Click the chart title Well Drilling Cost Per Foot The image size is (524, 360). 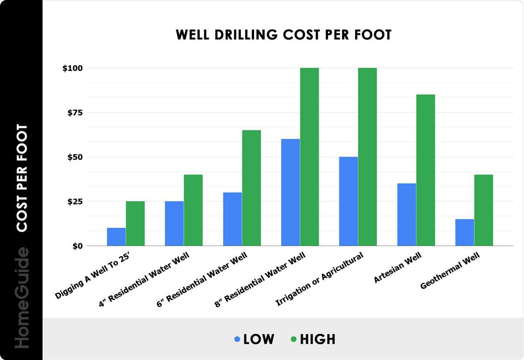coord(283,35)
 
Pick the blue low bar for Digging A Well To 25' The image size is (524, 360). coord(116,237)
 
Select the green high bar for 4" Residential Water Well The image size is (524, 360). coord(193,210)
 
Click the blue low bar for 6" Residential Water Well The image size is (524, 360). coord(232,219)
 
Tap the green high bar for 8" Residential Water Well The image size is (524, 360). coord(309,157)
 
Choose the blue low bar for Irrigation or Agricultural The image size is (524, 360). coord(348,201)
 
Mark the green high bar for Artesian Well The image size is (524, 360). coord(425,170)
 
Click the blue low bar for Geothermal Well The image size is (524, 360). coord(465,233)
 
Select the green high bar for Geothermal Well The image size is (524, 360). coord(483,210)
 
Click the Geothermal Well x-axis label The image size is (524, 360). coord(450,273)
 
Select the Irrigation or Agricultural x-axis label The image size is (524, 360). coord(320,279)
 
